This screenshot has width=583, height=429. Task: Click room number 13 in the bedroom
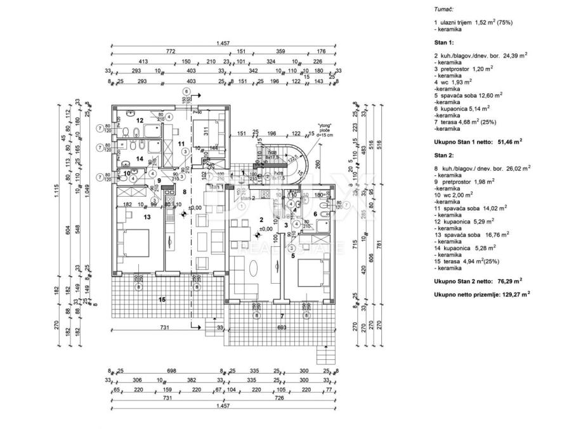[147, 216]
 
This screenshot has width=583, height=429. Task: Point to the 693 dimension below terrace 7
[281, 327]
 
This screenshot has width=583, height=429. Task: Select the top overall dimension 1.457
[222, 43]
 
